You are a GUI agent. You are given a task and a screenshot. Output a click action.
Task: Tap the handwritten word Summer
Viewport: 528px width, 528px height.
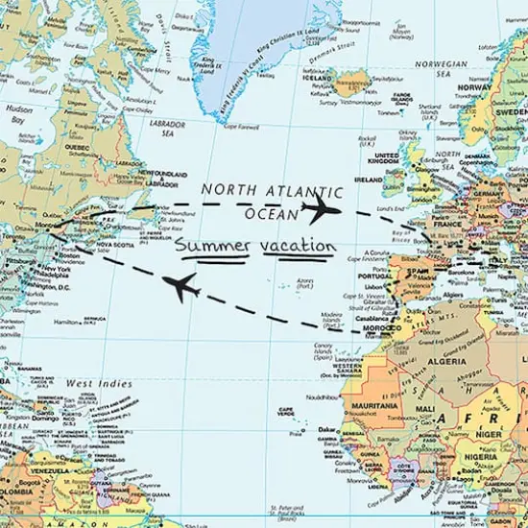[x=211, y=248]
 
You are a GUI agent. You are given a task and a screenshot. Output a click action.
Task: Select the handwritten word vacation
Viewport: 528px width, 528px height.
[x=297, y=248]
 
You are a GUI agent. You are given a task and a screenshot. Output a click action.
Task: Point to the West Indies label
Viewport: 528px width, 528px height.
[x=99, y=384]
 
